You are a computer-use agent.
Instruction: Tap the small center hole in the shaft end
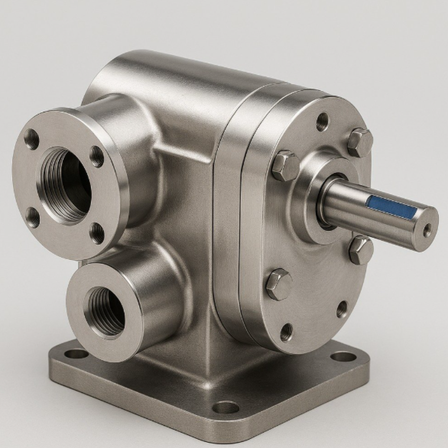point(427,228)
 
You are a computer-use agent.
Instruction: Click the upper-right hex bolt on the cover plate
point(360,143)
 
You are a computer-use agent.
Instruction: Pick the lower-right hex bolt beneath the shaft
point(361,250)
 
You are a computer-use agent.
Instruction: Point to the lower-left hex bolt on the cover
point(279,284)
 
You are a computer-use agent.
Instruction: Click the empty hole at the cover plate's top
point(322,121)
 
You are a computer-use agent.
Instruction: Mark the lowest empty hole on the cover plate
point(287,332)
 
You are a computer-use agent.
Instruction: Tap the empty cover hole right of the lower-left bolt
point(342,309)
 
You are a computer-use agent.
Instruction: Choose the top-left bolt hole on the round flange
point(31,139)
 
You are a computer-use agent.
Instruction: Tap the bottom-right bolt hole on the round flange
point(97,233)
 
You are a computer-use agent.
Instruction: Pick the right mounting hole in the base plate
point(343,356)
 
